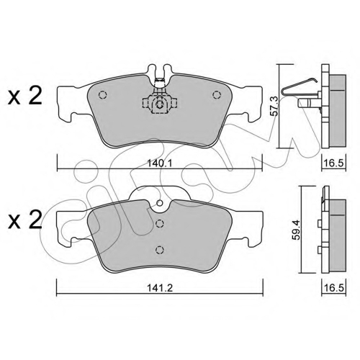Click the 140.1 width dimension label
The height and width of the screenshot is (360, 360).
[x=160, y=163]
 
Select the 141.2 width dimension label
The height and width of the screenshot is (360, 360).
[x=160, y=288]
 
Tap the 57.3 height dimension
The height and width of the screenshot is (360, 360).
[x=274, y=106]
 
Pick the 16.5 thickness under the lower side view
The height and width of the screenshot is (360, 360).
[x=334, y=287]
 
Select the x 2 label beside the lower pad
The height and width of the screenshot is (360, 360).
[x=24, y=220]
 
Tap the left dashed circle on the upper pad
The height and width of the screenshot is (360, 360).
[x=102, y=95]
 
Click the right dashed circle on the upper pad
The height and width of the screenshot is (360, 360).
[x=216, y=95]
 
